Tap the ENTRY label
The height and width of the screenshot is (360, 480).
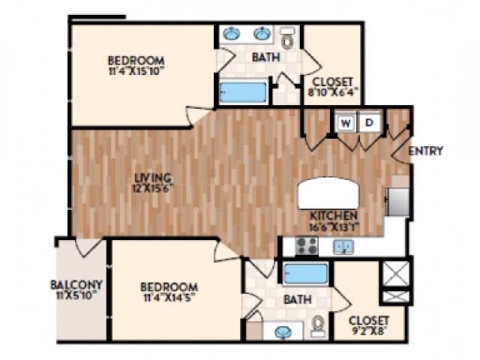point(426,151)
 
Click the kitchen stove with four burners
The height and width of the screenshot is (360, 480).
point(304,246)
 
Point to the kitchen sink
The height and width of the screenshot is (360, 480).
point(343,246)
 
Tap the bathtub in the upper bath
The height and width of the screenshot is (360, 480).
point(243,93)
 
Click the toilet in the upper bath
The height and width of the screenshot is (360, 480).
point(287,37)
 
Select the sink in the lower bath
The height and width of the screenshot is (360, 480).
point(284,331)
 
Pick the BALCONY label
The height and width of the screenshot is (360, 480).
point(76,285)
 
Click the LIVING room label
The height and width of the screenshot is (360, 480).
point(153,178)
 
